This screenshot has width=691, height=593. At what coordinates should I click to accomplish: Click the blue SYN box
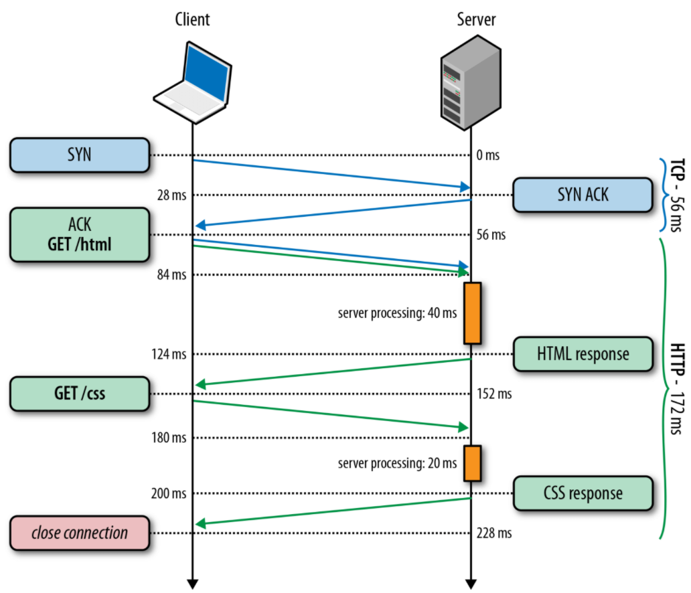(79, 155)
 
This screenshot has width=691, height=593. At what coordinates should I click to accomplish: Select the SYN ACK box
(583, 195)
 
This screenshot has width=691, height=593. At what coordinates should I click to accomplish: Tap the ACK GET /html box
(79, 234)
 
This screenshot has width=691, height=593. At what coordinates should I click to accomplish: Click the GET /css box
(79, 394)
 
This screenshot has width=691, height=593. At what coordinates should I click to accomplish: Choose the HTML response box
(583, 353)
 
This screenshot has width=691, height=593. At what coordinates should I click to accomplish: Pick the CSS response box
(583, 493)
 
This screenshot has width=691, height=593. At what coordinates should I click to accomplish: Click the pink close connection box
(79, 533)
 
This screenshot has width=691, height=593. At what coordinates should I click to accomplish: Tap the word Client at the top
(192, 19)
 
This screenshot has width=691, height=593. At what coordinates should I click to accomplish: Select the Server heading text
(476, 19)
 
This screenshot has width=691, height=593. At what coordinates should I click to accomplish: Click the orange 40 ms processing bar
(472, 313)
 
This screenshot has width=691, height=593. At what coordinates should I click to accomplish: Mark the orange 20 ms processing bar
(472, 463)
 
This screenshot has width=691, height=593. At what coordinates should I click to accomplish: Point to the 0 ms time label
(489, 155)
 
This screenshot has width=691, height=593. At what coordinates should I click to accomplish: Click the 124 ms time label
(168, 353)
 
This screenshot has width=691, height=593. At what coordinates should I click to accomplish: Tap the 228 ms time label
(495, 533)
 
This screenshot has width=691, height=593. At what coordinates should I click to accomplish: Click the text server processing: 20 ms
(397, 463)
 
